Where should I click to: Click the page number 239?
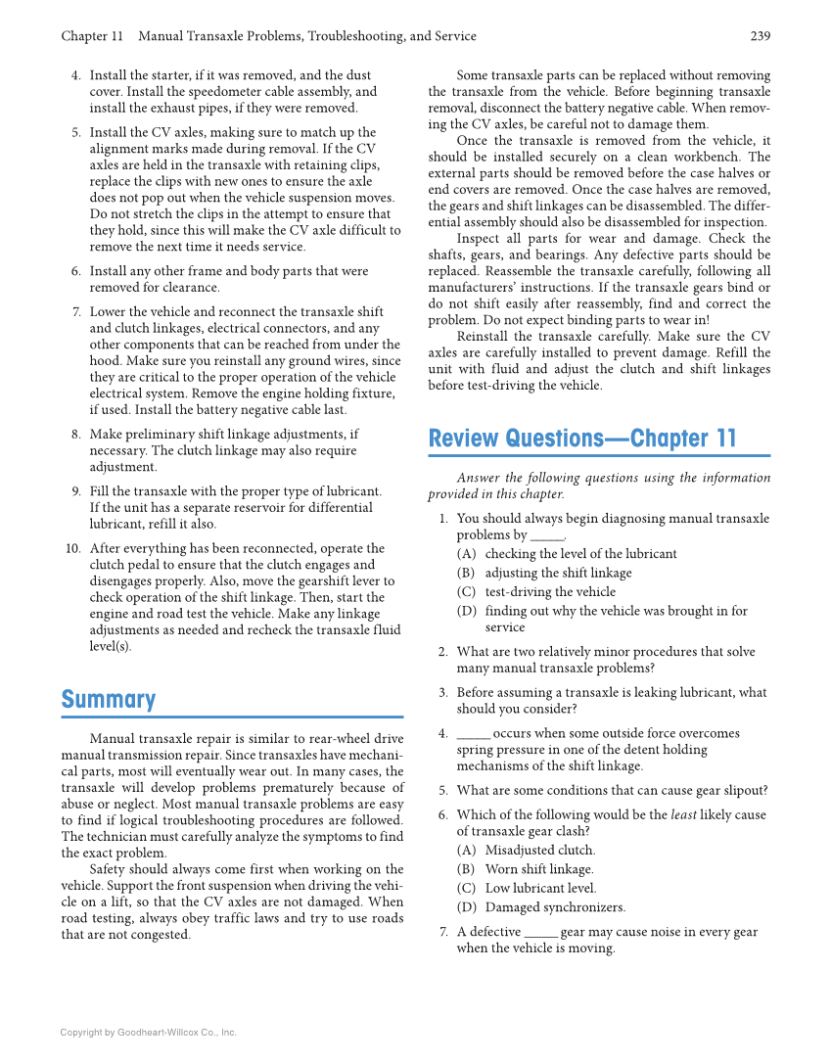coord(760,36)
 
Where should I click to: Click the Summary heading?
coord(109,700)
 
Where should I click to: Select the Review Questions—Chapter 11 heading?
coord(581,439)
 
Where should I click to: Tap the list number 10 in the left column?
coord(73,548)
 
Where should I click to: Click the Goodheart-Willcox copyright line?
coord(148,1032)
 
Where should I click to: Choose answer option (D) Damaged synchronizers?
coord(555,907)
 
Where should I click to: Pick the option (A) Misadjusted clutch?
coord(539,851)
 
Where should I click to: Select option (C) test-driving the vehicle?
coord(550,591)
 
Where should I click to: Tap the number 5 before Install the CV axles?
coord(76,132)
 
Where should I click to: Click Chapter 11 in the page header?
coord(92,36)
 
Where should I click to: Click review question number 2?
coord(442,652)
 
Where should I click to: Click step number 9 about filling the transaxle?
coord(76,491)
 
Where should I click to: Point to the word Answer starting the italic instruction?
coord(478,478)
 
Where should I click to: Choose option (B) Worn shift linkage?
coord(539,869)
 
